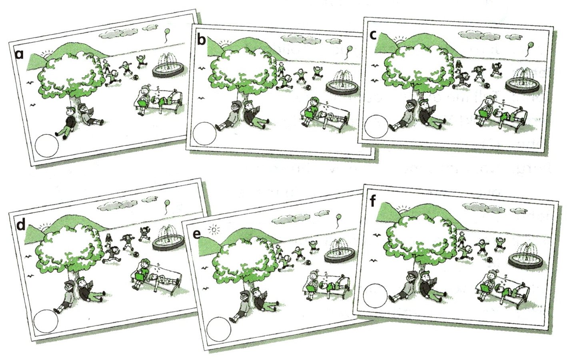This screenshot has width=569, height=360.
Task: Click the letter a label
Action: [20, 55]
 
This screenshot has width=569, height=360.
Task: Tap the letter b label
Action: [201, 40]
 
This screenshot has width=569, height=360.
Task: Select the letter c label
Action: [373, 36]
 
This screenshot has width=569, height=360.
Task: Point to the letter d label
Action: [21, 224]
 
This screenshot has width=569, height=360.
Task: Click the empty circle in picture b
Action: [204, 134]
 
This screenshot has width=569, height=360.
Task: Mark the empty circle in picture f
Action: [375, 296]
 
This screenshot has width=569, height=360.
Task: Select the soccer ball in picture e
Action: [308, 262]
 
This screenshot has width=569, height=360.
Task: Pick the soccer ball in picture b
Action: [308, 87]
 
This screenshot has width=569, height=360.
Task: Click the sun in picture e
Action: [214, 230]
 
